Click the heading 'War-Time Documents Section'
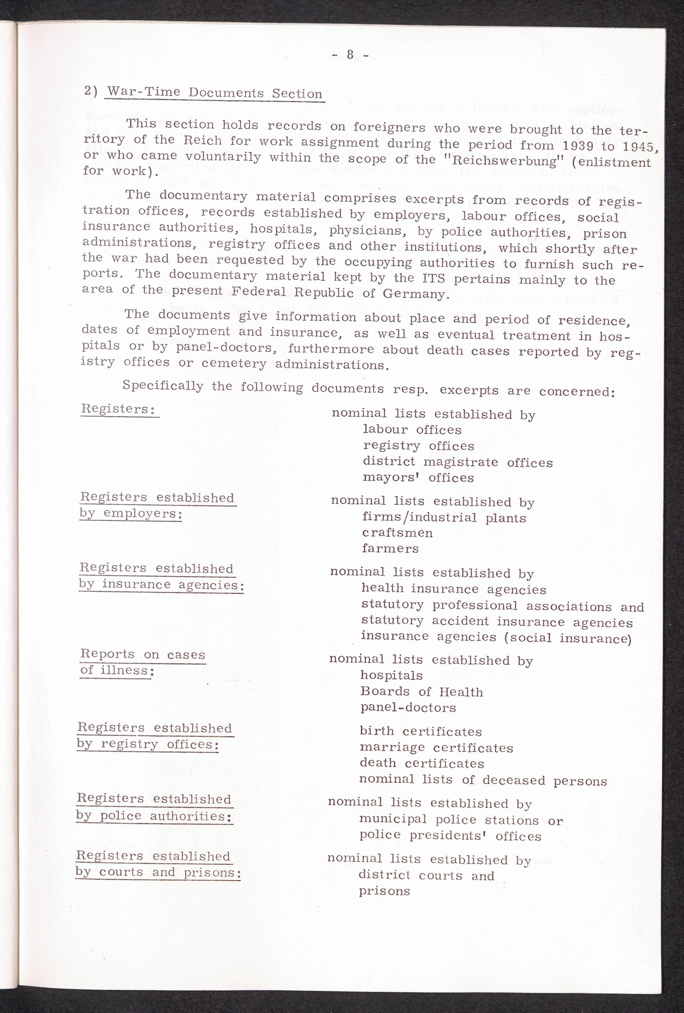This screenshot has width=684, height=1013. click(x=214, y=92)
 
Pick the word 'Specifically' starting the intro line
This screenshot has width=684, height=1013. click(x=162, y=386)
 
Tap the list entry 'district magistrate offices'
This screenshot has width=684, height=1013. click(x=457, y=462)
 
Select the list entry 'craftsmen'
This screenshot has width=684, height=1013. click(x=397, y=532)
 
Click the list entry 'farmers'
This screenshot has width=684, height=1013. click(x=390, y=548)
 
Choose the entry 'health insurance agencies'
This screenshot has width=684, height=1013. click(x=453, y=589)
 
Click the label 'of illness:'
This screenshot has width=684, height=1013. click(x=117, y=670)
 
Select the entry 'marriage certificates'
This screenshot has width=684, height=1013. click(x=436, y=748)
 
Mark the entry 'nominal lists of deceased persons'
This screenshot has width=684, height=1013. click(x=483, y=780)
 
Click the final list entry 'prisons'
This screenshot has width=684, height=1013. click(x=384, y=891)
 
